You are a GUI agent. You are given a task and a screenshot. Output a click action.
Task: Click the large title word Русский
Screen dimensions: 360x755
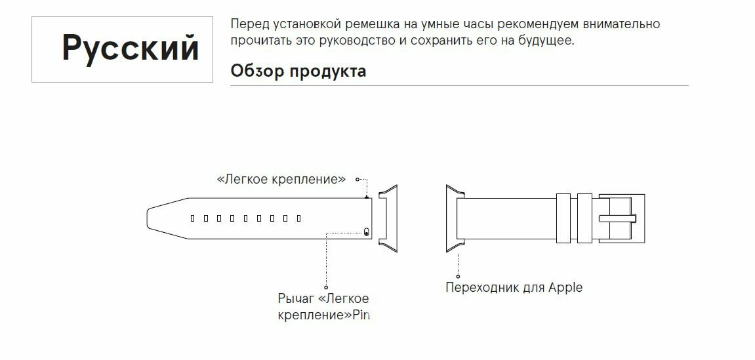coord(131,48)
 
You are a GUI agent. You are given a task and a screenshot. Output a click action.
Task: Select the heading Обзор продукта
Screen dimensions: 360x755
coord(298,71)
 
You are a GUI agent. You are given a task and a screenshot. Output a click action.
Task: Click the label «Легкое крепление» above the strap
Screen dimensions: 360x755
coord(281,179)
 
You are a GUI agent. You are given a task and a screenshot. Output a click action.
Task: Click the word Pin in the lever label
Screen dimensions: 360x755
coord(362,315)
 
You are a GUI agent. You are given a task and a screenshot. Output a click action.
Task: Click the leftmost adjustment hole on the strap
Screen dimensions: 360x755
coord(192,218)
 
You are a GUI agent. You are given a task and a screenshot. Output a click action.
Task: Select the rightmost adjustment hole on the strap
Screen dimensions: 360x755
coord(298,218)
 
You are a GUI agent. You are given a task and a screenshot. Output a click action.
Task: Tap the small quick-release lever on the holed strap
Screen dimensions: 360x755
coord(365,231)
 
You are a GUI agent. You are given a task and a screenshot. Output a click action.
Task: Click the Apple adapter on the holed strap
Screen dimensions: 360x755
coord(386,218)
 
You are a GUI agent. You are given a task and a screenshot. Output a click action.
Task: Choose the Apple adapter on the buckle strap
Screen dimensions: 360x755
coord(452,218)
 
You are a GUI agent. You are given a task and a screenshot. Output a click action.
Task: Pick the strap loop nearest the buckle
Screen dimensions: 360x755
coord(584,218)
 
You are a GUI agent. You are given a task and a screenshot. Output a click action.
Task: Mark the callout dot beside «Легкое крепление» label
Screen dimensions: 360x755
coord(357,179)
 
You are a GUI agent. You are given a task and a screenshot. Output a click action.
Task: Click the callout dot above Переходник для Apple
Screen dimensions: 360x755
coord(458,276)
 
